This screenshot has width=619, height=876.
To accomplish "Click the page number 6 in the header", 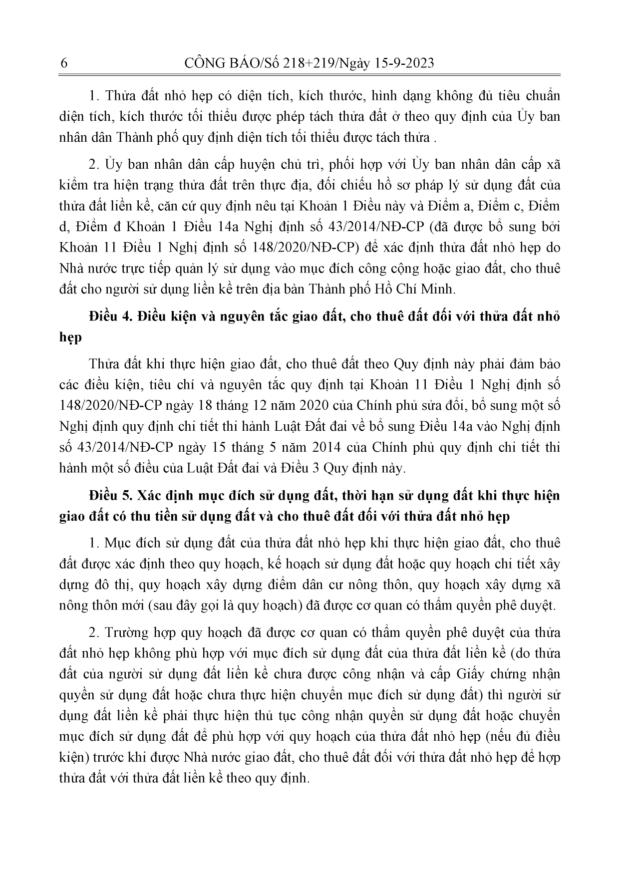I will (63, 63).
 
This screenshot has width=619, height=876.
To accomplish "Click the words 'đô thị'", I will (110, 584).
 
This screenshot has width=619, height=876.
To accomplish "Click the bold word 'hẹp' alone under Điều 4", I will (70, 338).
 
